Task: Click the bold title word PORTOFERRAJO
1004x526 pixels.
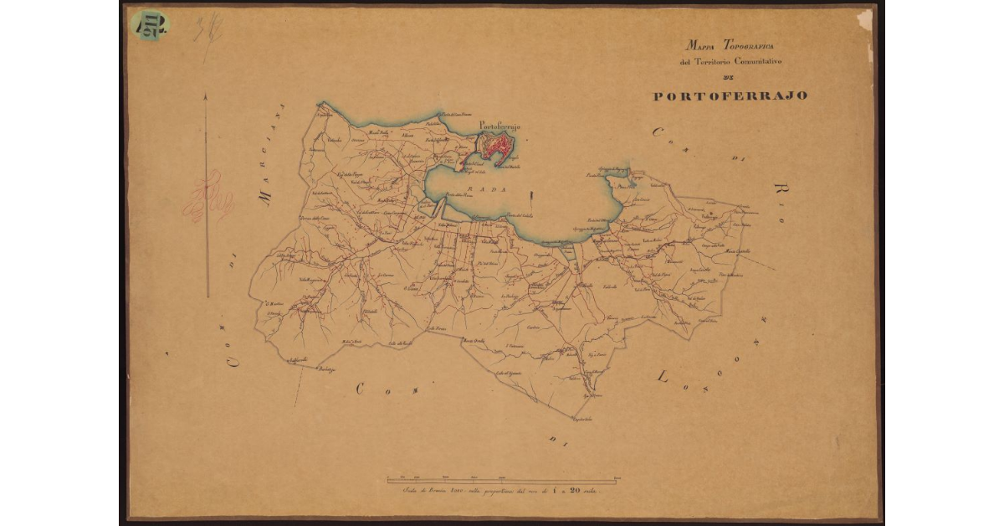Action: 730,95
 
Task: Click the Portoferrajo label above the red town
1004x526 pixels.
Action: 499,126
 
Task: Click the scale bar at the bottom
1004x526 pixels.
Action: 502,480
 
